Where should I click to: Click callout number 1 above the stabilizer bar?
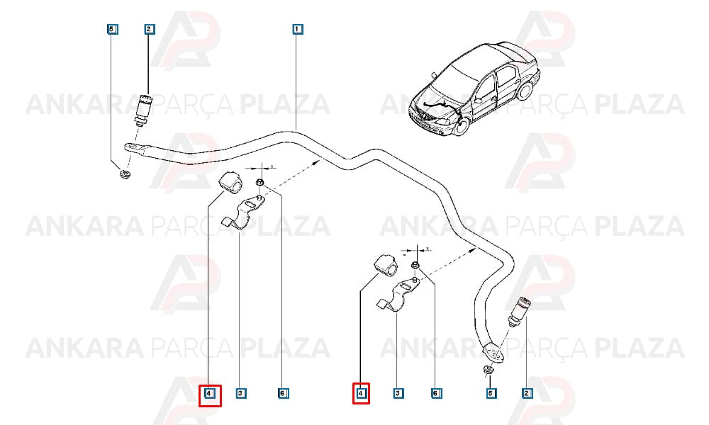(296, 29)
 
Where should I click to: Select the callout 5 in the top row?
(112, 29)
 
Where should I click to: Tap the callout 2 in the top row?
(149, 29)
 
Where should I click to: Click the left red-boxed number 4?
(210, 395)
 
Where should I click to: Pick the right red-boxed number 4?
(361, 393)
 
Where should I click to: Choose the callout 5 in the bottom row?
(491, 393)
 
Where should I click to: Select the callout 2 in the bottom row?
(526, 393)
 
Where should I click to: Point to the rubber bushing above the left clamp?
(230, 182)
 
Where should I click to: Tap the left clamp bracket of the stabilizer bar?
(242, 213)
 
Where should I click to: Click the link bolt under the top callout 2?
(144, 109)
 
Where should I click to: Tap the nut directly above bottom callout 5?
(489, 370)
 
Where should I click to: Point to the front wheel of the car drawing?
(461, 125)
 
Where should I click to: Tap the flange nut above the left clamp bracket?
(260, 183)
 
